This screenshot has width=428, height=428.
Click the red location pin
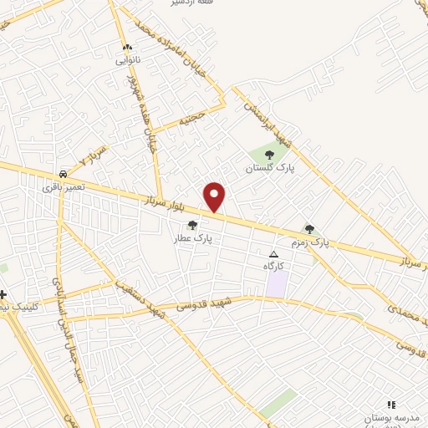215,196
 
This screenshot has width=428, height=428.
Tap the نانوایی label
128,60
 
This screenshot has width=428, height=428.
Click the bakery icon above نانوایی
128,48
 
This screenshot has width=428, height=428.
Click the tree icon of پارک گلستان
268,155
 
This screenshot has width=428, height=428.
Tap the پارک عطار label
194,238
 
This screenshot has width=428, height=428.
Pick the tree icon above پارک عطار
193,224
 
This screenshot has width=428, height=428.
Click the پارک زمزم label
310,242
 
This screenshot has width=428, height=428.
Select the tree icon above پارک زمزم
309,229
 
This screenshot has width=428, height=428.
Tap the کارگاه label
274,266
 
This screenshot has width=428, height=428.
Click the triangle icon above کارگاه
273,254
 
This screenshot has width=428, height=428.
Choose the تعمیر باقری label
64,188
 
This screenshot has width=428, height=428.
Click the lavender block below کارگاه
277,283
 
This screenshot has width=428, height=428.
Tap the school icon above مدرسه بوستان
391,405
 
